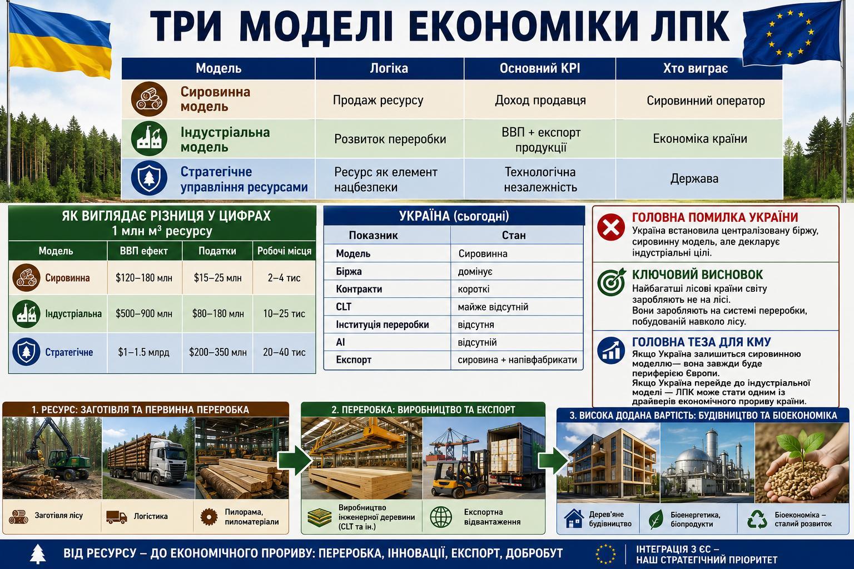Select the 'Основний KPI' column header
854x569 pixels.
point(540,68)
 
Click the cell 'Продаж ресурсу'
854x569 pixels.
point(378,100)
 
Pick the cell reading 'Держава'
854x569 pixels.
point(694,178)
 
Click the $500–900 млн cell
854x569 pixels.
point(144,313)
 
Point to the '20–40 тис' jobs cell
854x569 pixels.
point(284,352)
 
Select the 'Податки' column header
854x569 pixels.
point(217,251)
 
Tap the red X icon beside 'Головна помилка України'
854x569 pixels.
point(611,227)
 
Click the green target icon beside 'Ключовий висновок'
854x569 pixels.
point(611,282)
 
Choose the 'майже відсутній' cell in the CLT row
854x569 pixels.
point(493,307)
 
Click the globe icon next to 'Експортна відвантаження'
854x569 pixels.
point(441,517)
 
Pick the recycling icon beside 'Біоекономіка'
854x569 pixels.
point(757,519)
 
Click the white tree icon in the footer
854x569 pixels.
point(37,554)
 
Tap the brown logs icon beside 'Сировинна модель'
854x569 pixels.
point(149,99)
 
